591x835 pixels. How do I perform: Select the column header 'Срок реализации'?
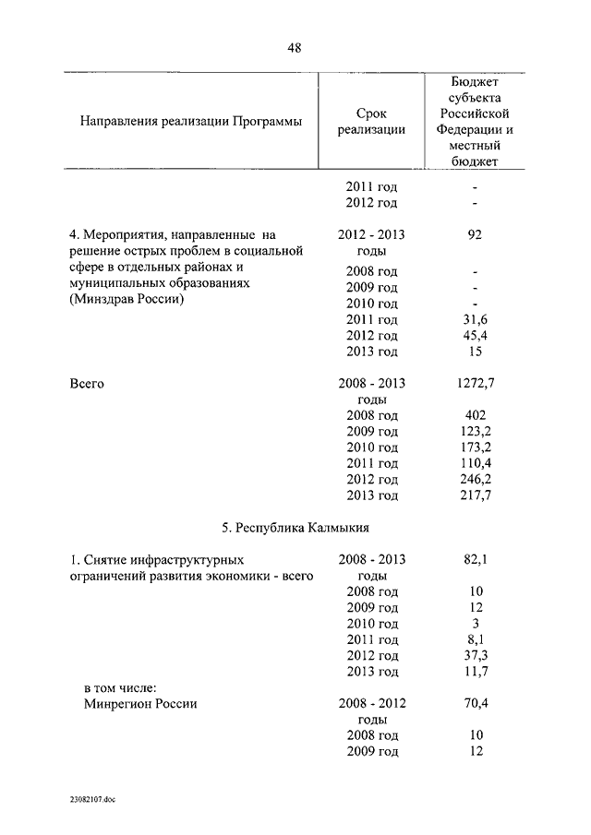pyautogui.click(x=371, y=121)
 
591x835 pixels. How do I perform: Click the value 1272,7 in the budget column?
pyautogui.click(x=475, y=383)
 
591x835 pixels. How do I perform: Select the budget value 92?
pyautogui.click(x=475, y=234)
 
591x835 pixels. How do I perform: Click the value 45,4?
pyautogui.click(x=475, y=335)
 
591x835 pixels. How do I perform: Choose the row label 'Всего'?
pyautogui.click(x=87, y=383)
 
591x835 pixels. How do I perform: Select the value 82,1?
pyautogui.click(x=475, y=560)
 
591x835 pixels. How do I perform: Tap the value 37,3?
pyautogui.click(x=475, y=655)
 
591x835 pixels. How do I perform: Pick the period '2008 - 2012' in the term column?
pyautogui.click(x=371, y=703)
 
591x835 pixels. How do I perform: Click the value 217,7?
pyautogui.click(x=475, y=495)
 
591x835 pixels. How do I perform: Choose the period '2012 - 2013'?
pyautogui.click(x=371, y=234)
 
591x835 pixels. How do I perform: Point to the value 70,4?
pyautogui.click(x=475, y=703)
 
